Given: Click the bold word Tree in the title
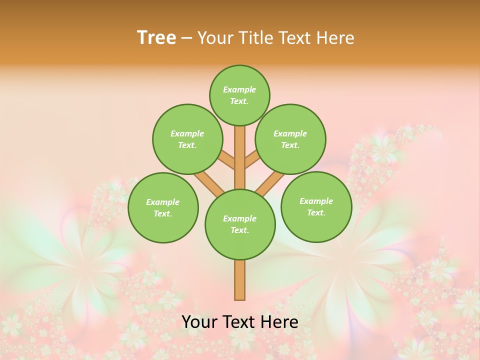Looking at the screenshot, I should (x=156, y=38).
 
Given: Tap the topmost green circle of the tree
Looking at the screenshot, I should (x=239, y=95).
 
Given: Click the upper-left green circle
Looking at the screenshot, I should (x=187, y=139).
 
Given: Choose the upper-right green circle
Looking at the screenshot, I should (x=290, y=139).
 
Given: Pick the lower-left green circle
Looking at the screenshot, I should (x=163, y=207).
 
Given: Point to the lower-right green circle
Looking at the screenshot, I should (x=316, y=206).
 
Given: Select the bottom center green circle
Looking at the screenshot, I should (x=240, y=224).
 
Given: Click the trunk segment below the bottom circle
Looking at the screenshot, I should (x=240, y=280).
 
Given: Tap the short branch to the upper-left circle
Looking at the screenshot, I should (x=227, y=160).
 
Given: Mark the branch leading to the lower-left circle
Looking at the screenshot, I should (x=208, y=183).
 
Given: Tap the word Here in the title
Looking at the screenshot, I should (x=335, y=38).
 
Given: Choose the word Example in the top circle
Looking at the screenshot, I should (x=239, y=89).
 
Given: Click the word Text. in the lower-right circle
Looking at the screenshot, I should (x=316, y=212).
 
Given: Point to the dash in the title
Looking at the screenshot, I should (x=186, y=38).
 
